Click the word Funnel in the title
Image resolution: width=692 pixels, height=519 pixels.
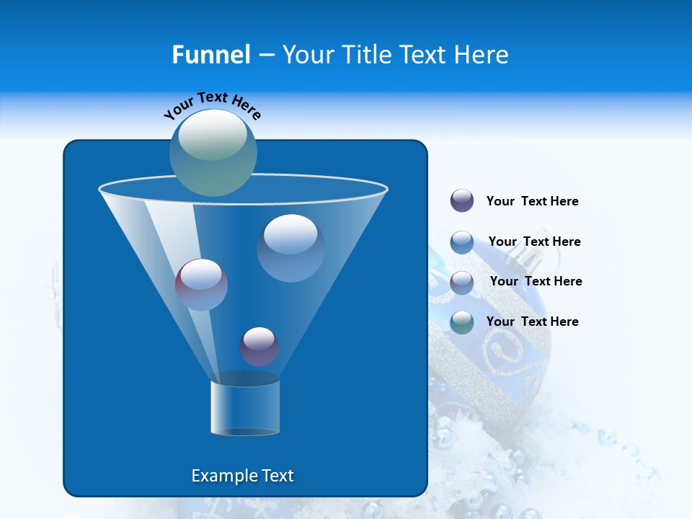point(210,55)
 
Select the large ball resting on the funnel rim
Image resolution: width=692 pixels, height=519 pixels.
point(213,153)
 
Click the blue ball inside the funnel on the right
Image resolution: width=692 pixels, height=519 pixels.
point(290,247)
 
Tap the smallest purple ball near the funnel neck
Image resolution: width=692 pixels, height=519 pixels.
point(259,347)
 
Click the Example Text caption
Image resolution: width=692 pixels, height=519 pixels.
point(242,476)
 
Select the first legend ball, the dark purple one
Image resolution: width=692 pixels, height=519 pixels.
point(462,201)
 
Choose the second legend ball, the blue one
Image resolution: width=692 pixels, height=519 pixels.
point(462,241)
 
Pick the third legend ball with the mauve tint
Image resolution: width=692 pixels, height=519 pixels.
point(462,282)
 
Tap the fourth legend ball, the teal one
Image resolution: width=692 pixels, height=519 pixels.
point(462,322)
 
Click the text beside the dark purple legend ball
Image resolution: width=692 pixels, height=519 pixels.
point(532,202)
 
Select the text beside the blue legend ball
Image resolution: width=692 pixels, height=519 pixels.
point(534,241)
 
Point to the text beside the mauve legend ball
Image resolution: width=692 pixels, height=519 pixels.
point(536,281)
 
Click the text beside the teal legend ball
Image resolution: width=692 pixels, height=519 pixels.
point(532,321)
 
